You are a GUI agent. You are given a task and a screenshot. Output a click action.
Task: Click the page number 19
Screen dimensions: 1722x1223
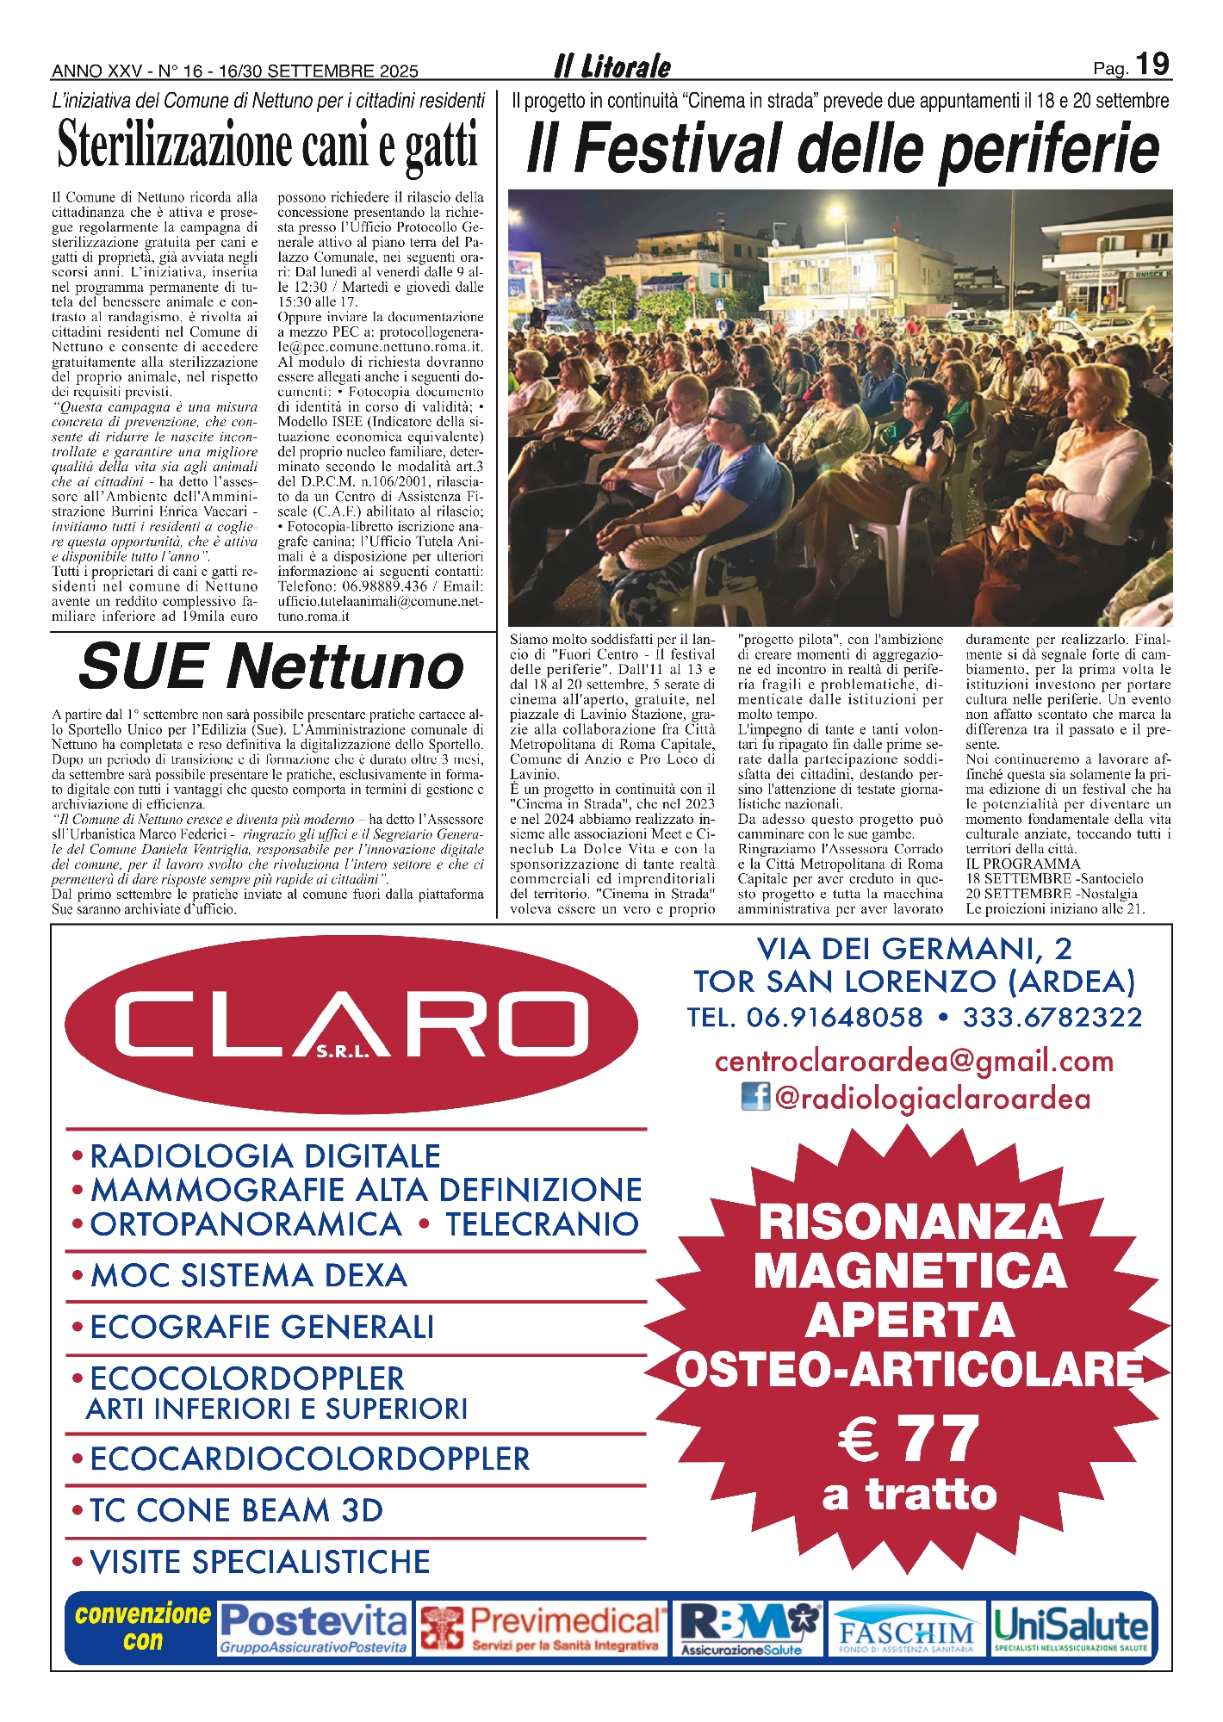click(1152, 65)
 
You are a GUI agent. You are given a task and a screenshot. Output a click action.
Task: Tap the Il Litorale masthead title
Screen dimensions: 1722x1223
click(612, 66)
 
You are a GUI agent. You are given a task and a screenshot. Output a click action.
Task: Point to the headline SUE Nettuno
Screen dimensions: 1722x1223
click(271, 666)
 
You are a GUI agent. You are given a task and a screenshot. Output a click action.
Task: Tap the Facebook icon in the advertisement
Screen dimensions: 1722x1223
click(755, 1097)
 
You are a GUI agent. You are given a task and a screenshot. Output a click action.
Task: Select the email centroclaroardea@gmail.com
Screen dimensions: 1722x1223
click(914, 1061)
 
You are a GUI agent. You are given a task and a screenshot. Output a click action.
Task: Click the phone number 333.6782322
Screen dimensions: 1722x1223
click(1052, 1017)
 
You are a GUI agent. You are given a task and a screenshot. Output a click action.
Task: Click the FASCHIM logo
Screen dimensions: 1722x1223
click(907, 1632)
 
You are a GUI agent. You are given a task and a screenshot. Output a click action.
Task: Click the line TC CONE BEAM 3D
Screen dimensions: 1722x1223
click(236, 1510)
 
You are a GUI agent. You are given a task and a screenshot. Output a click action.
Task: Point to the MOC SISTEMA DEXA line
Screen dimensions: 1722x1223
click(248, 1275)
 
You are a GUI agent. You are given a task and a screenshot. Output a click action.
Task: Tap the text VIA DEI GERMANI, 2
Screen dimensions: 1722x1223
click(914, 948)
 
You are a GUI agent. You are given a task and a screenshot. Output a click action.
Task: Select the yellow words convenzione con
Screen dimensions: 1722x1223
click(143, 1626)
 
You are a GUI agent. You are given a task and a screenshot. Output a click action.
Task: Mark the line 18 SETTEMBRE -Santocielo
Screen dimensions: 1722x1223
click(1054, 879)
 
